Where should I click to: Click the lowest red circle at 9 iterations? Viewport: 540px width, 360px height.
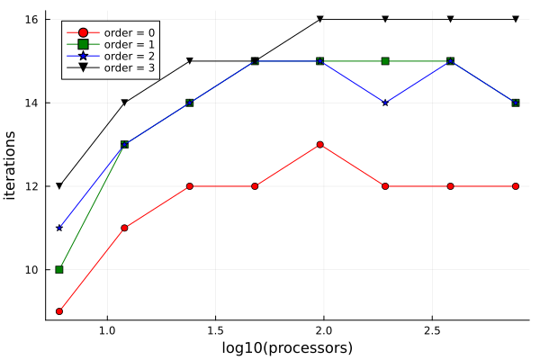[59, 311]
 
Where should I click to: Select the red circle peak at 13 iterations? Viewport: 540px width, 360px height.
[320, 144]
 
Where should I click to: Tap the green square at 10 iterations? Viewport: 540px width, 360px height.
[59, 269]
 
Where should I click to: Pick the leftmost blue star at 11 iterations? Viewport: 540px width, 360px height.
[59, 228]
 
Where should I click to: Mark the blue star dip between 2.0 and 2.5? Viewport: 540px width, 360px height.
[385, 103]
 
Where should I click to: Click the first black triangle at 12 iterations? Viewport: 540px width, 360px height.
[59, 186]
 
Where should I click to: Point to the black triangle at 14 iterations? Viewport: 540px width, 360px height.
[124, 103]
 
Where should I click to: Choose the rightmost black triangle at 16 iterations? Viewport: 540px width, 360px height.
[516, 19]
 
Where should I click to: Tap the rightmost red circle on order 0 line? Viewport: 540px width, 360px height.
[516, 186]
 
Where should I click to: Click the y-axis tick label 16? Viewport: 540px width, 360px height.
[30, 19]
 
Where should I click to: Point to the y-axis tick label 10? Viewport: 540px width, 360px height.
[30, 269]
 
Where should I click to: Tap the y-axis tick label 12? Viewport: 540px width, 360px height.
[30, 186]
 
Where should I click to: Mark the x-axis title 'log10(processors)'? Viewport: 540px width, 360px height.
[287, 347]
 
